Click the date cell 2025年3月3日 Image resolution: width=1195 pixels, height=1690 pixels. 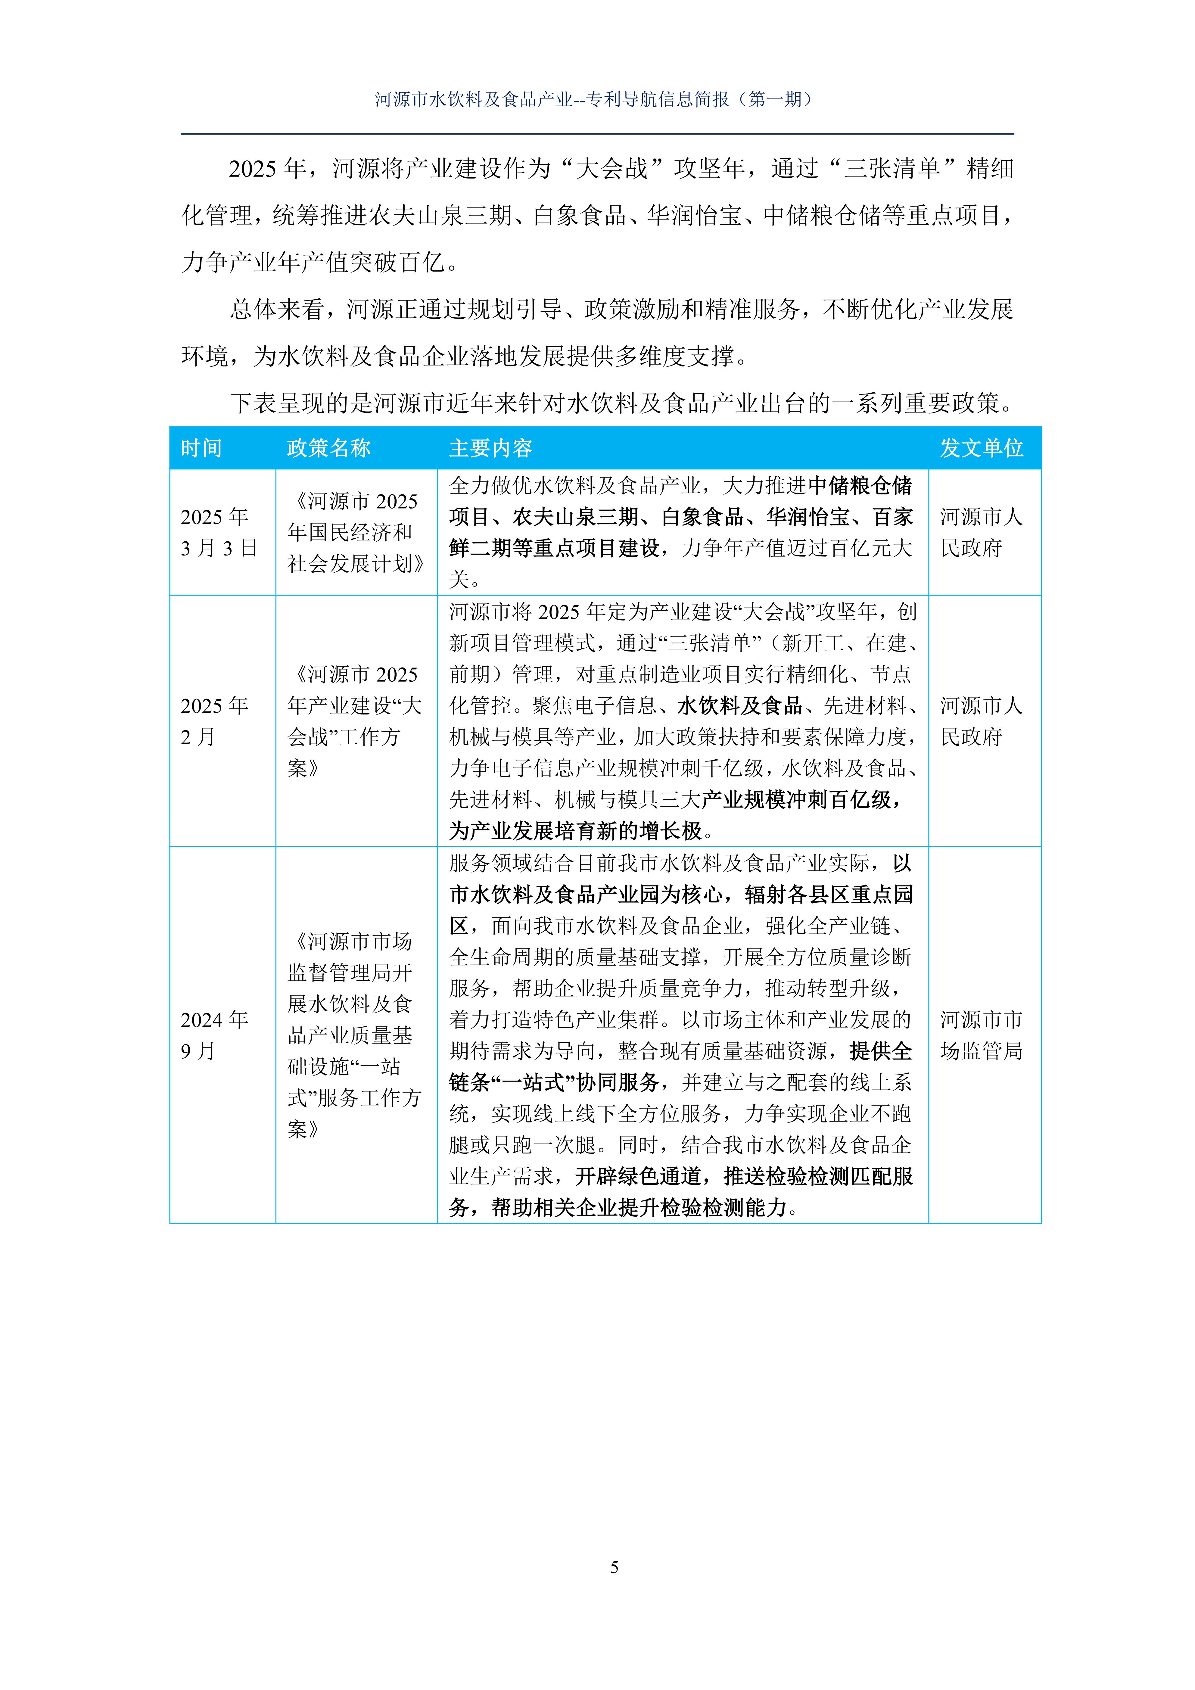tap(219, 532)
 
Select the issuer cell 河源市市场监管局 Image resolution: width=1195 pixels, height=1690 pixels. tap(982, 1035)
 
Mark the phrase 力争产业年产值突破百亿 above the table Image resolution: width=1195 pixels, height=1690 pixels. tap(313, 262)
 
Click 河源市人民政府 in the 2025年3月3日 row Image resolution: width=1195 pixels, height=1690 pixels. tap(982, 532)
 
